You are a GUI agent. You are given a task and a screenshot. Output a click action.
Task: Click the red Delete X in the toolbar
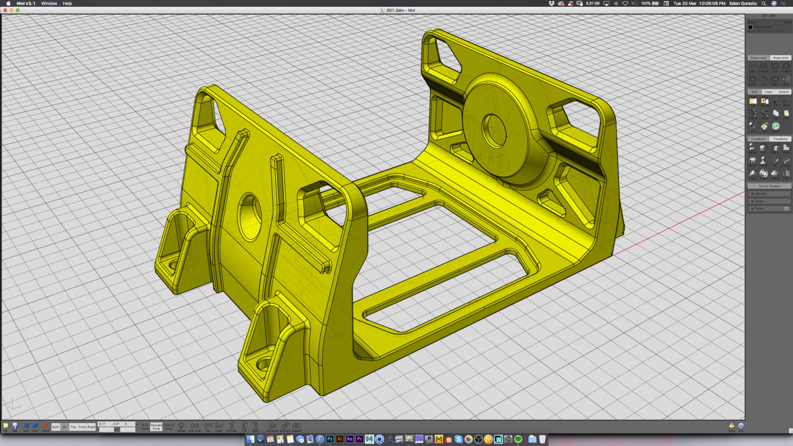(45, 426)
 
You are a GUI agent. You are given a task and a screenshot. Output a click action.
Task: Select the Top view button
(73, 427)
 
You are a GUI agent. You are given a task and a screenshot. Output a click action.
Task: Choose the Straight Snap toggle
(156, 427)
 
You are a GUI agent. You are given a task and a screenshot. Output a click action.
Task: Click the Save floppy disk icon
(15, 426)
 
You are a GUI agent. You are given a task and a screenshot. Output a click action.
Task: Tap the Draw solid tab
(781, 58)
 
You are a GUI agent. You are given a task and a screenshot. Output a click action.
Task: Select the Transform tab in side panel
(780, 139)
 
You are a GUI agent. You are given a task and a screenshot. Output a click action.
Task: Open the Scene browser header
(769, 186)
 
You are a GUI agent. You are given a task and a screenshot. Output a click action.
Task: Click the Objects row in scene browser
(769, 194)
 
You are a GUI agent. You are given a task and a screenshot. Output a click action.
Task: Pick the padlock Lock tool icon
(764, 126)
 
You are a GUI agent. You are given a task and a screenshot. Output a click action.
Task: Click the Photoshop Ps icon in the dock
(330, 439)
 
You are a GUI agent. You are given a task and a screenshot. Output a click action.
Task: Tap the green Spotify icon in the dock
(519, 439)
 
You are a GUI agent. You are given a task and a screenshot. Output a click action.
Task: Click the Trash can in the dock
(542, 439)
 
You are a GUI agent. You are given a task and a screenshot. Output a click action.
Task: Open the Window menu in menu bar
(49, 3)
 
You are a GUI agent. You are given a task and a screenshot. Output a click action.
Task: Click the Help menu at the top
(67, 3)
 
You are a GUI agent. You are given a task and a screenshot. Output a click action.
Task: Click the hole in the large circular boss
(494, 130)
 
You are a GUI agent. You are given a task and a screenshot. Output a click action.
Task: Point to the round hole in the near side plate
(249, 216)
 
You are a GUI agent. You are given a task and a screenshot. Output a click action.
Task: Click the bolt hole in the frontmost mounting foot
(263, 364)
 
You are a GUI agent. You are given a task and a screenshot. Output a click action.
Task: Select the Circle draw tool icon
(752, 79)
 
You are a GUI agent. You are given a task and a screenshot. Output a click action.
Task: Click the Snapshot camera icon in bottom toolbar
(297, 426)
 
